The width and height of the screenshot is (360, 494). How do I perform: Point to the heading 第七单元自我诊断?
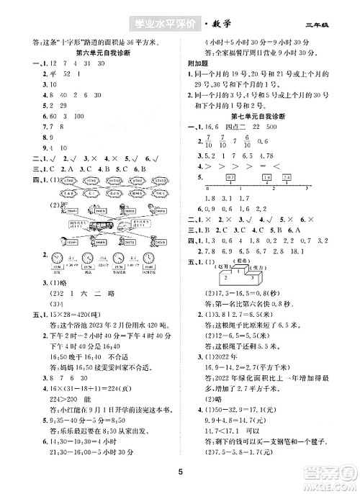(257, 116)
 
